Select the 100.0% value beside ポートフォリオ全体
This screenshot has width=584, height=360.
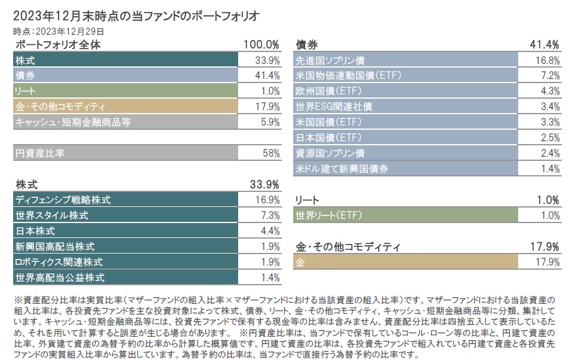tap(261, 45)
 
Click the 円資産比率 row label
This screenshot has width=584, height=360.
tap(40, 153)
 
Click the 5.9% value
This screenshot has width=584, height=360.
tap(270, 122)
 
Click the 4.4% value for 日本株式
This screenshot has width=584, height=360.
tap(270, 231)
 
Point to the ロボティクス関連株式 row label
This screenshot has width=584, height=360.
tap(59, 262)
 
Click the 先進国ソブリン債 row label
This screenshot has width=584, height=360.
tap(330, 60)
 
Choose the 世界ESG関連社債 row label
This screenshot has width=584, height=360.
tap(334, 107)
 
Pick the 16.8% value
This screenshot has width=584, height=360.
tap(547, 60)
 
